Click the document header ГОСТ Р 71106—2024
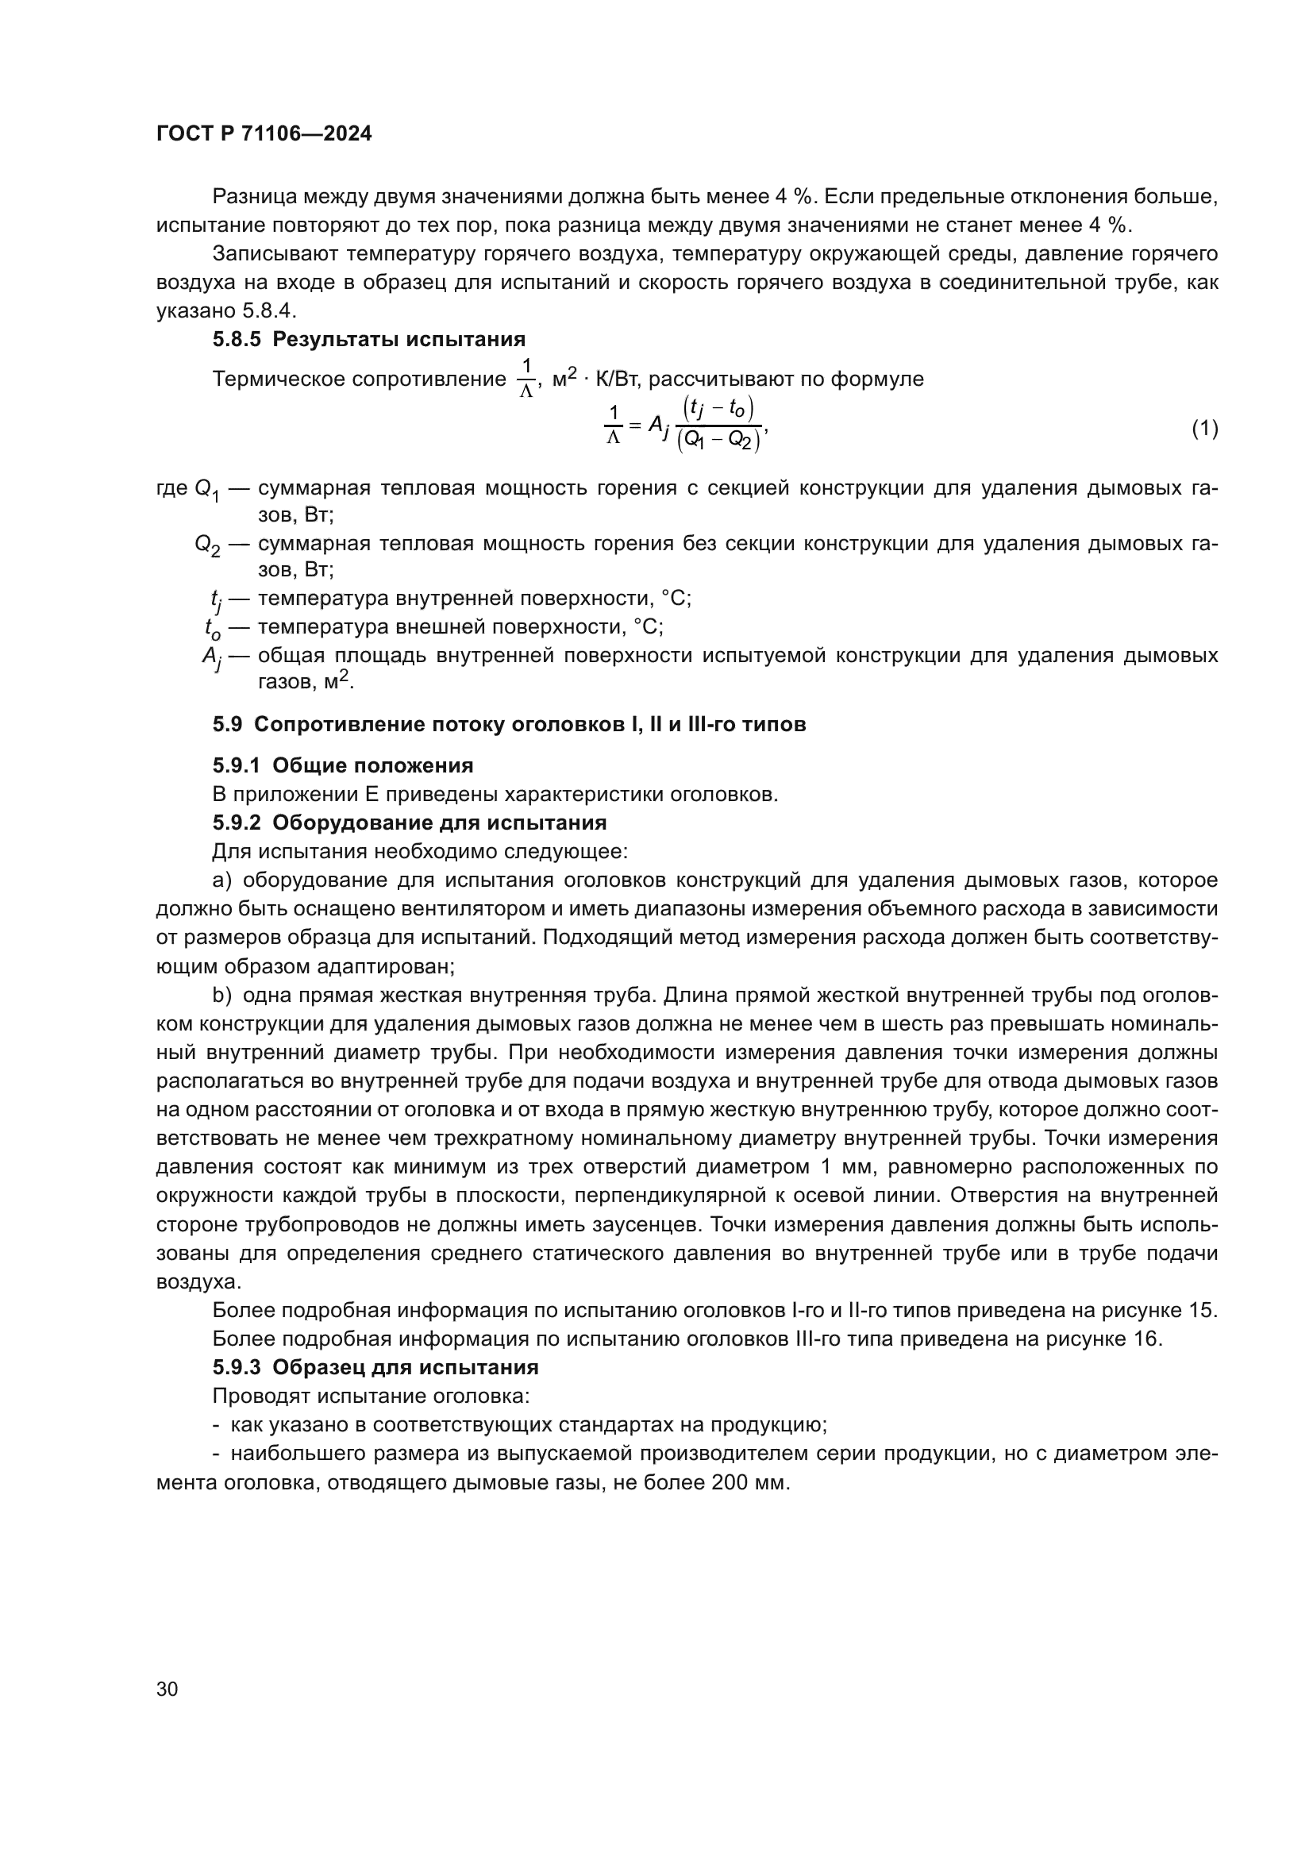[264, 134]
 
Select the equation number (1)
[1205, 428]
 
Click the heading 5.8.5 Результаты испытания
[368, 339]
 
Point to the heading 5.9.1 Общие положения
[343, 765]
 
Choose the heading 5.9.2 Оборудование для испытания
[409, 823]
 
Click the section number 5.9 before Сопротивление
[227, 724]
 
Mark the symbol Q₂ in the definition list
[206, 545]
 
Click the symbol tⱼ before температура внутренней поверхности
[215, 600]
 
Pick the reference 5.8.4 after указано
[268, 311]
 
